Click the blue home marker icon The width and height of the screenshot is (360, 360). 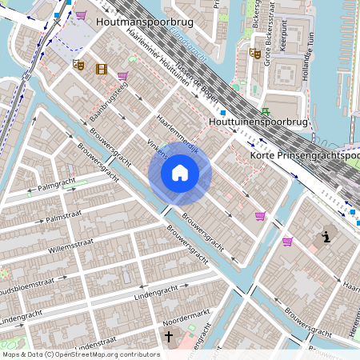tap(180, 172)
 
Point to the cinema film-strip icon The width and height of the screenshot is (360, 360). tap(101, 69)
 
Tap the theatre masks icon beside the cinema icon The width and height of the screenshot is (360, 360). tap(78, 64)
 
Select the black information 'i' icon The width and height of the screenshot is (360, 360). tap(326, 236)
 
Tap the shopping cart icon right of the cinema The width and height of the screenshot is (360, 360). tap(122, 77)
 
